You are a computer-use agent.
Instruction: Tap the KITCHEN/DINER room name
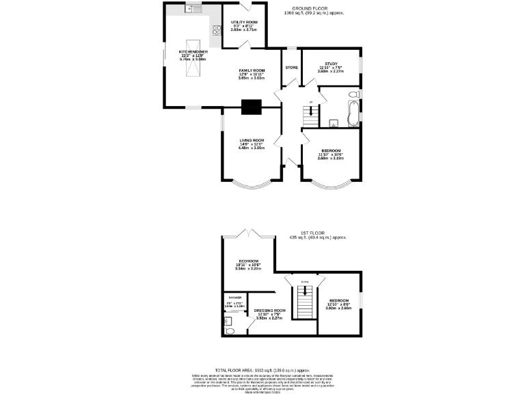(x=193, y=51)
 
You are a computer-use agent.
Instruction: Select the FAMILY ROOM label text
(x=252, y=70)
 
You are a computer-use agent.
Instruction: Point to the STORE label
(x=291, y=68)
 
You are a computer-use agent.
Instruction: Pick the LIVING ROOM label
(x=251, y=140)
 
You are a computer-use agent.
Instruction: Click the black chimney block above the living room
(x=252, y=106)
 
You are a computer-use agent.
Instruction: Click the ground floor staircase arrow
(x=311, y=109)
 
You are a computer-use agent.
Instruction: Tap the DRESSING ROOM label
(x=269, y=310)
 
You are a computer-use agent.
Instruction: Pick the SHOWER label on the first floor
(x=235, y=297)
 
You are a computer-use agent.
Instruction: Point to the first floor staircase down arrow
(x=305, y=290)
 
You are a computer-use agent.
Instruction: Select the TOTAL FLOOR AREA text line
(x=262, y=369)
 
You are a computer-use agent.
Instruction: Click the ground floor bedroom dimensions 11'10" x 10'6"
(x=330, y=154)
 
